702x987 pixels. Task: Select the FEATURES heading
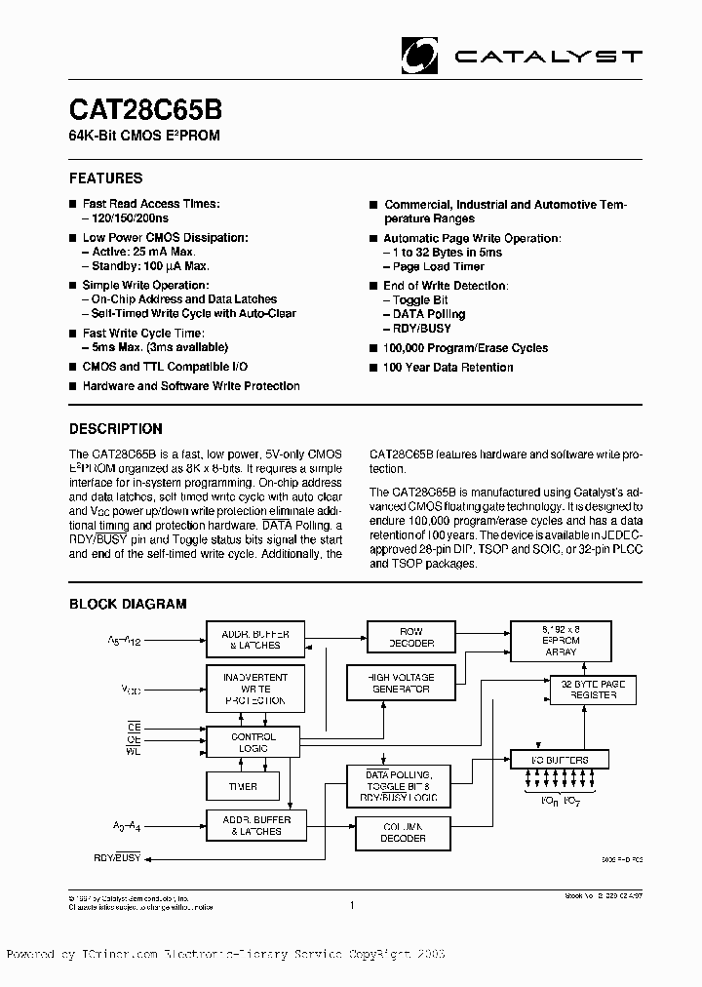click(x=105, y=178)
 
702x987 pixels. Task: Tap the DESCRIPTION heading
click(x=115, y=428)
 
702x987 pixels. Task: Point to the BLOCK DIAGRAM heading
click(x=127, y=605)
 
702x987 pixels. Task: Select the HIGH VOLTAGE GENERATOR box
click(x=401, y=682)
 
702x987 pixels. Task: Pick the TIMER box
click(x=243, y=786)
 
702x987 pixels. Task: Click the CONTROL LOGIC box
click(x=253, y=743)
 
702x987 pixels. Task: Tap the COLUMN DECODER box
click(x=403, y=832)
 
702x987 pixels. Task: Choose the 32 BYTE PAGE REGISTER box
click(x=594, y=689)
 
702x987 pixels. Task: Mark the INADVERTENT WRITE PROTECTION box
click(x=254, y=688)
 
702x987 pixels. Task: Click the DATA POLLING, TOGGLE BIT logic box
click(x=400, y=785)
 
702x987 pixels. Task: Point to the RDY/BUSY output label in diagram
click(x=116, y=859)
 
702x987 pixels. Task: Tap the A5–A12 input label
click(x=125, y=641)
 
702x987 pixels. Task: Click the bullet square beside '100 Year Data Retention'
click(x=373, y=368)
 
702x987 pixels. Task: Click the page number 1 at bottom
click(x=350, y=905)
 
